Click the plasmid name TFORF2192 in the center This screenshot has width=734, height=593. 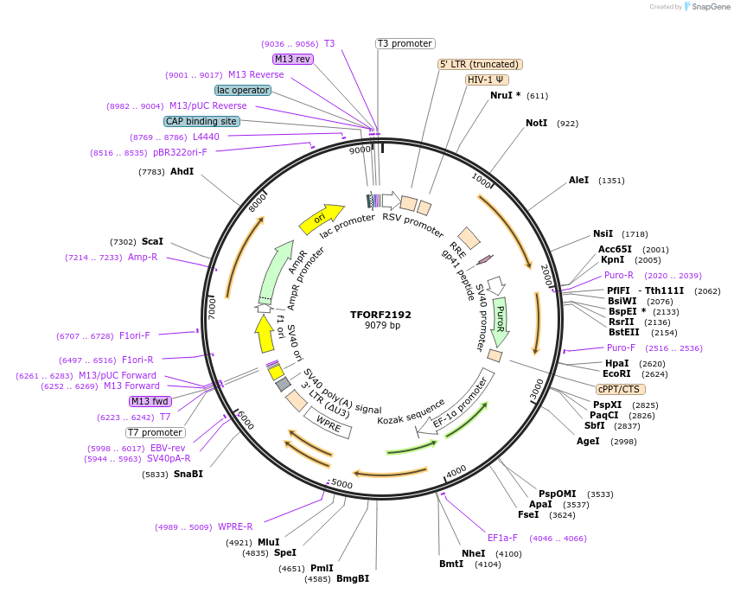pos(381,315)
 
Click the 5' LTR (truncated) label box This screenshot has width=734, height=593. pos(480,64)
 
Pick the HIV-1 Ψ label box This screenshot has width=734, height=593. pos(487,80)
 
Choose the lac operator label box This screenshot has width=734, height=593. pos(243,90)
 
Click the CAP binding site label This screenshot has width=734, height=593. pos(201,122)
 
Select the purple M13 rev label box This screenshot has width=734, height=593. pos(292,59)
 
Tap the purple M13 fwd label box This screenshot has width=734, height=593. pos(150,401)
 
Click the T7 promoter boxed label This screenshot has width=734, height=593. pos(156,432)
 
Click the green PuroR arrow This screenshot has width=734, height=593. pos(500,320)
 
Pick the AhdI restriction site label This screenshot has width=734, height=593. pos(182,172)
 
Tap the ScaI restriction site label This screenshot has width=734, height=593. pos(152,242)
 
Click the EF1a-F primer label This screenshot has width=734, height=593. pos(502,538)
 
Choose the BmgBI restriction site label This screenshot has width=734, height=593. pos(353,578)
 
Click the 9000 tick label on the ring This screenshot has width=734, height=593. pos(360,150)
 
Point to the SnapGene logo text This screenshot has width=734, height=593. pos(710,7)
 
